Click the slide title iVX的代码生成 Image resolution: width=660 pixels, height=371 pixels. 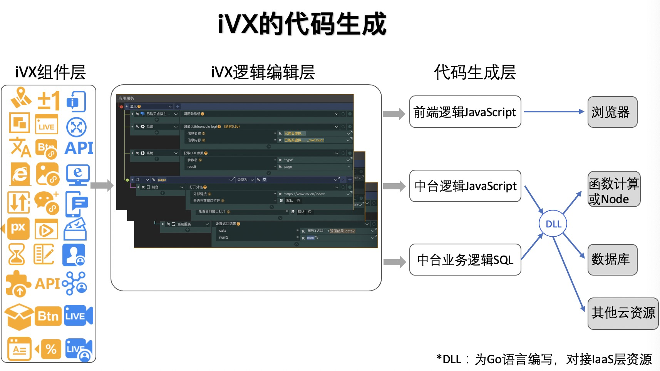(302, 24)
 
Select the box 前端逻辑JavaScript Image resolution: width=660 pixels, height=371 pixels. (465, 112)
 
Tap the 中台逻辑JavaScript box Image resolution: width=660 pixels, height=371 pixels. (465, 186)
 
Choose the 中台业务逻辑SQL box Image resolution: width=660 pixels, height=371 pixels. (465, 260)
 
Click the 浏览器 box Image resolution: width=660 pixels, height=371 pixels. (612, 112)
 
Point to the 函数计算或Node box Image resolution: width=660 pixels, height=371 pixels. (614, 189)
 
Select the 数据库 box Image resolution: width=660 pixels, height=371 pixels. (612, 259)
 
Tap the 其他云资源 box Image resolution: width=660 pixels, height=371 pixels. (623, 313)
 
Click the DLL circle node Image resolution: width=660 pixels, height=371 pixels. (553, 224)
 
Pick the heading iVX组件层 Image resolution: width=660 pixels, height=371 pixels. (50, 72)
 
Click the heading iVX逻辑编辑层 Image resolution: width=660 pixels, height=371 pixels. (263, 72)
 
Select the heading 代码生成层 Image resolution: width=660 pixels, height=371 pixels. (475, 72)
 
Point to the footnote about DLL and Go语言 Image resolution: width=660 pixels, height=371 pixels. (544, 359)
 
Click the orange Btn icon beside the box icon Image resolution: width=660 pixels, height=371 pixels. (48, 316)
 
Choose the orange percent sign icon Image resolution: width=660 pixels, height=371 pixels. (50, 349)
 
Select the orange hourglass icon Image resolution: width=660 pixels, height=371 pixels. (17, 254)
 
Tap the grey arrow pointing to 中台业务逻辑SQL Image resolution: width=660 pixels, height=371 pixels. (395, 262)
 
